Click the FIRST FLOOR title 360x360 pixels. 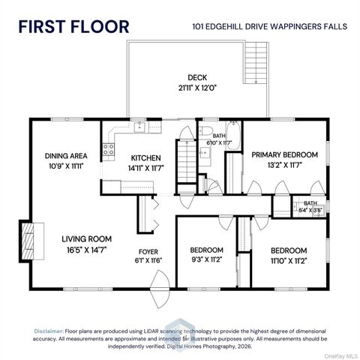[x=73, y=26]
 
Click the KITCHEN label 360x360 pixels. [x=145, y=157]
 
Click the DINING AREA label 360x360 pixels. [x=66, y=156]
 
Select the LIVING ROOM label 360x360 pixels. [x=85, y=240]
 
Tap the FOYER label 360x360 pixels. [x=148, y=251]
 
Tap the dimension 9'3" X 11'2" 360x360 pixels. [x=207, y=259]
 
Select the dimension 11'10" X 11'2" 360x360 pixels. [x=289, y=259]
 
